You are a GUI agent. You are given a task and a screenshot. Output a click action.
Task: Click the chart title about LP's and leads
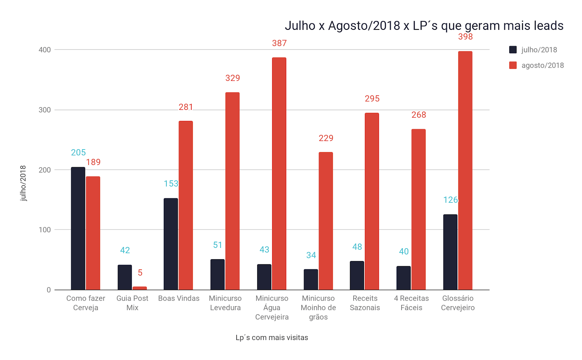[x=424, y=26]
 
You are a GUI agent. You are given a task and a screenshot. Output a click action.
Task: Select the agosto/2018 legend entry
[x=537, y=66]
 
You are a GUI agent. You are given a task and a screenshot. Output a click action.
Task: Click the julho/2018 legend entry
[x=533, y=50]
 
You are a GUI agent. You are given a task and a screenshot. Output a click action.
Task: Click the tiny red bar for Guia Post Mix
[x=140, y=288]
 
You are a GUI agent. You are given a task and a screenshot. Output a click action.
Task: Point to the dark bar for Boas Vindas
[x=171, y=244]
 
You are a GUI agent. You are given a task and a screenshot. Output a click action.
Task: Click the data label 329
[x=232, y=78]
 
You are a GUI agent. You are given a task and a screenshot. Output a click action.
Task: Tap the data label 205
[x=78, y=153]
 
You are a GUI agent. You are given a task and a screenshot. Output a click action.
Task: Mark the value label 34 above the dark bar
[x=311, y=256]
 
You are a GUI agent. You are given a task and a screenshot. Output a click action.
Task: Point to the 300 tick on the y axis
[x=45, y=110]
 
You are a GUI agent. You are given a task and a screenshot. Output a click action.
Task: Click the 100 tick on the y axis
[x=45, y=230]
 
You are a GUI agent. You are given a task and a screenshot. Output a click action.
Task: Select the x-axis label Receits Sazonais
[x=365, y=303]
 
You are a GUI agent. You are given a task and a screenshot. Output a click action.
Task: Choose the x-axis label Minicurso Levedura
[x=225, y=303]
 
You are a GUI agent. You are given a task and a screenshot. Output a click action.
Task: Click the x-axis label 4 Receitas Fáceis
[x=411, y=303]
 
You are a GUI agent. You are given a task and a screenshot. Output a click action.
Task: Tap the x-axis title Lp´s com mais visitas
[x=272, y=338]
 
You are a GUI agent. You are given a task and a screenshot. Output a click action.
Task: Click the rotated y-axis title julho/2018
[x=23, y=183]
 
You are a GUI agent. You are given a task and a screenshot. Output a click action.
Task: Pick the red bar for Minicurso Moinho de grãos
[x=326, y=221]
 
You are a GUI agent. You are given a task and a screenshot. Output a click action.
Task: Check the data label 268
[x=419, y=115]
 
